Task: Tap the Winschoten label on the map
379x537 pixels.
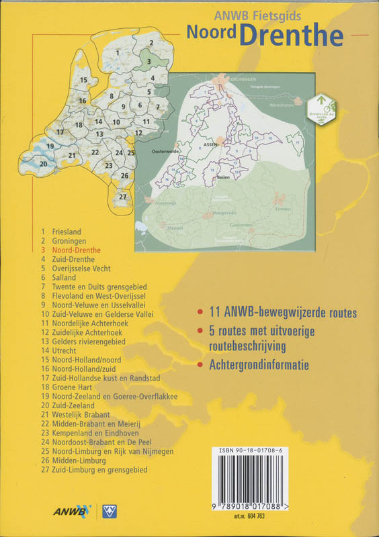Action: click(x=283, y=105)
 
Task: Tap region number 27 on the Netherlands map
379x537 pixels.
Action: click(x=122, y=197)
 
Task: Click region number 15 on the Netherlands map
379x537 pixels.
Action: click(x=83, y=81)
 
